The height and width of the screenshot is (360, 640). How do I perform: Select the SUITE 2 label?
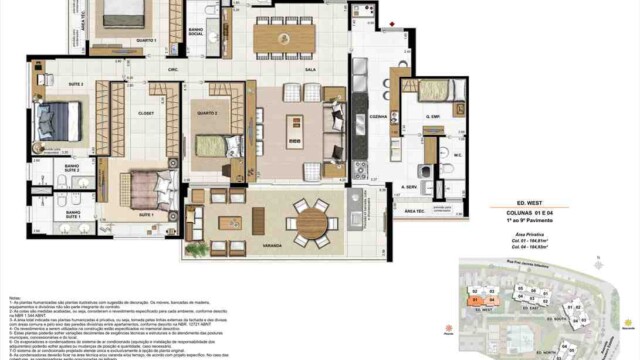tap(47, 85)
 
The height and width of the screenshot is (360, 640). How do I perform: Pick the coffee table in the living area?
tap(295, 130)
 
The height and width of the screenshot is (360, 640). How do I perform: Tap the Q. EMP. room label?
tap(433, 118)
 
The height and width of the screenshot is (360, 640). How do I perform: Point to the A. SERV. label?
tap(409, 187)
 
